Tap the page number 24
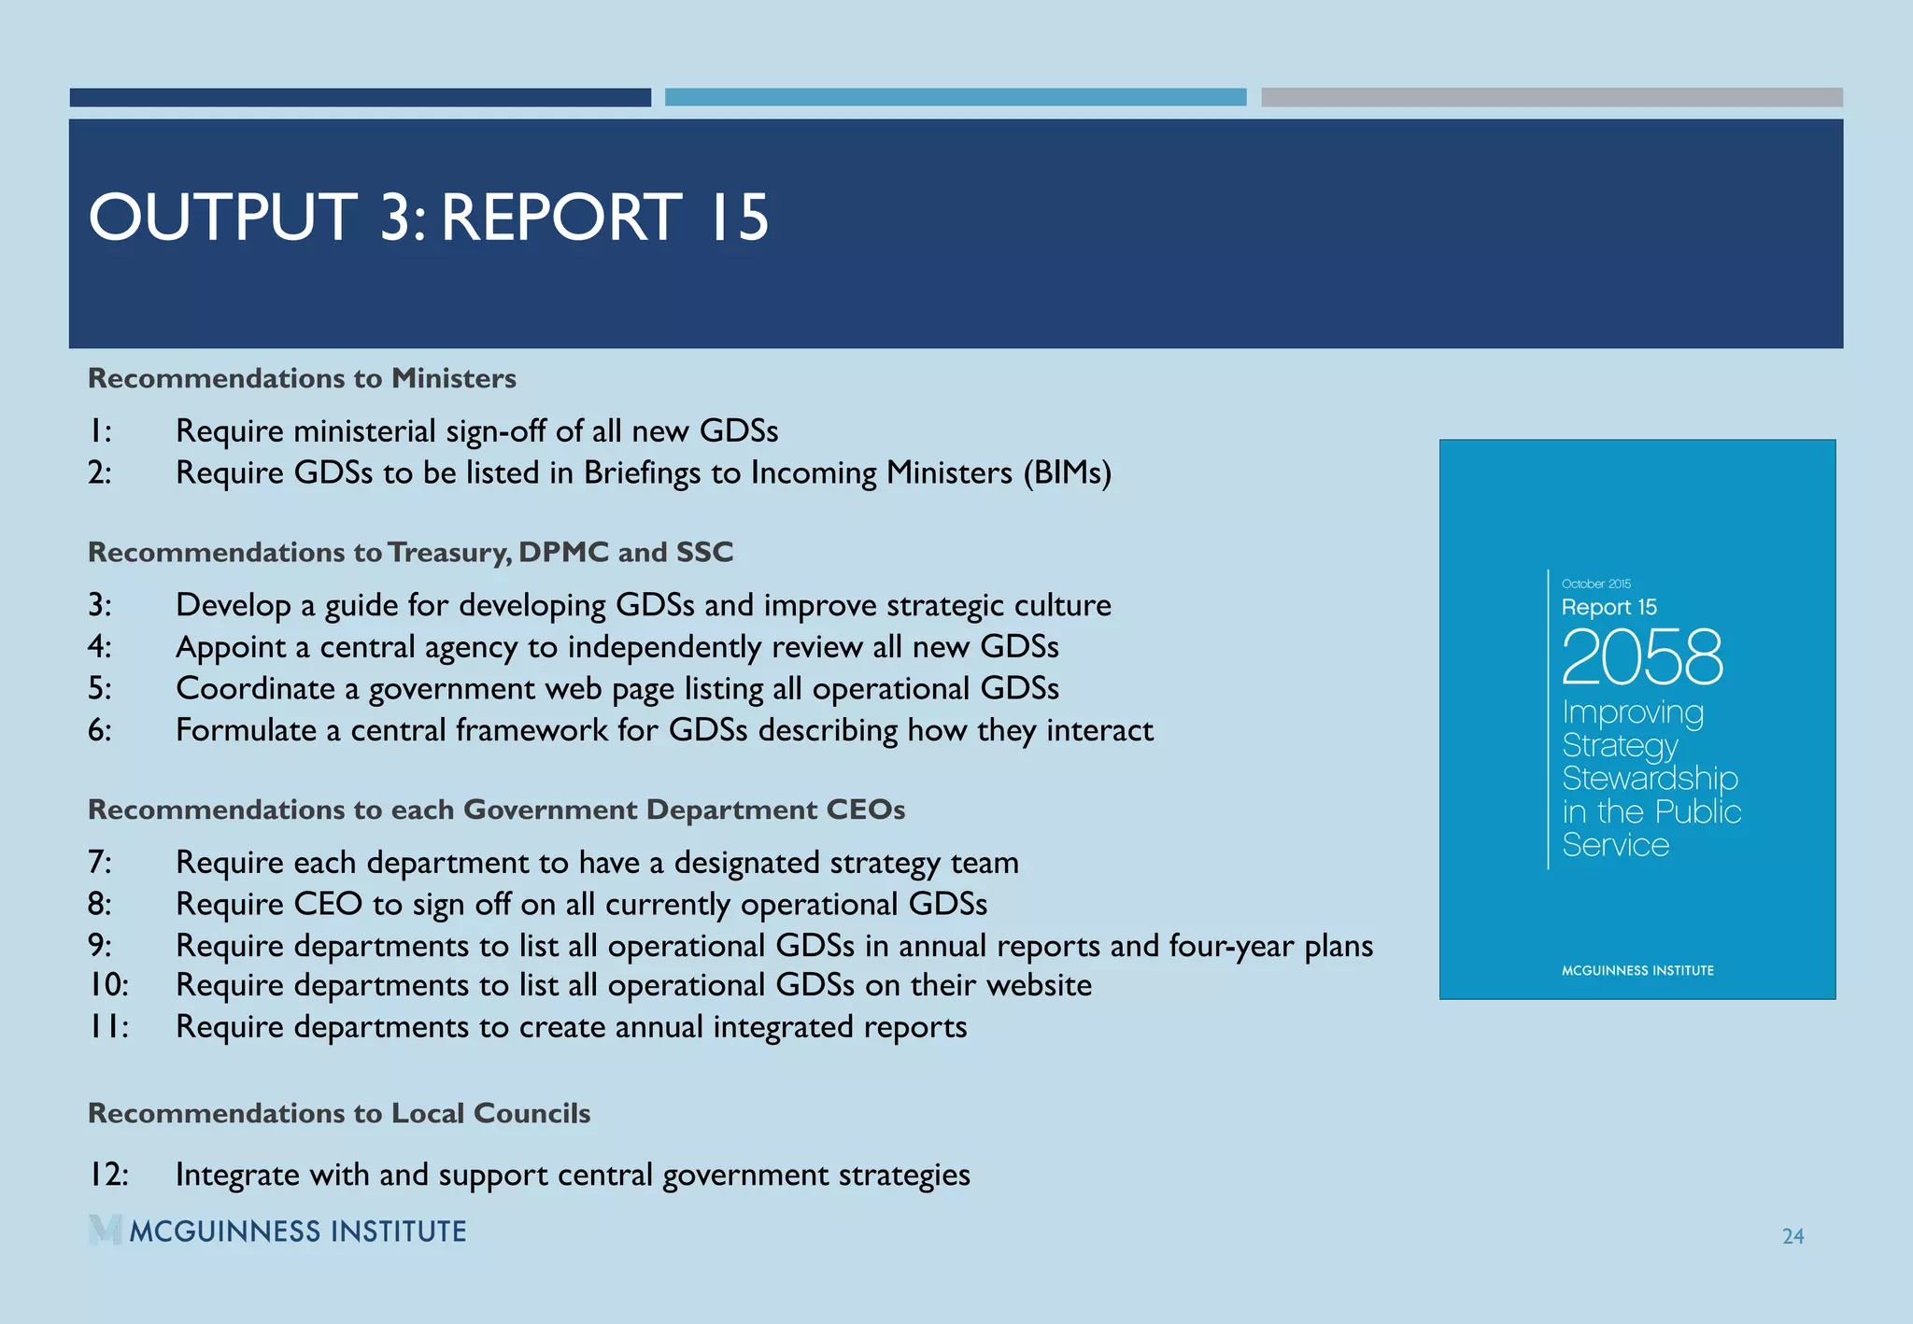coord(1793,1236)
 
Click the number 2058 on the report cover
coord(1641,657)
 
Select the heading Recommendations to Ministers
coord(302,378)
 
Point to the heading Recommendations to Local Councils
coord(339,1113)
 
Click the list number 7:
coord(100,862)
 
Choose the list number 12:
coord(108,1174)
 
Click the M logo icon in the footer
coord(106,1230)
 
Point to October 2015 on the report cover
coord(1595,584)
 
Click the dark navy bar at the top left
coord(360,97)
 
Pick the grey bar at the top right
coord(1552,97)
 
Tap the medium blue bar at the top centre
coord(956,97)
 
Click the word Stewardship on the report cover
coord(1650,778)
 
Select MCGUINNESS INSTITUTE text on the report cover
coord(1637,970)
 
